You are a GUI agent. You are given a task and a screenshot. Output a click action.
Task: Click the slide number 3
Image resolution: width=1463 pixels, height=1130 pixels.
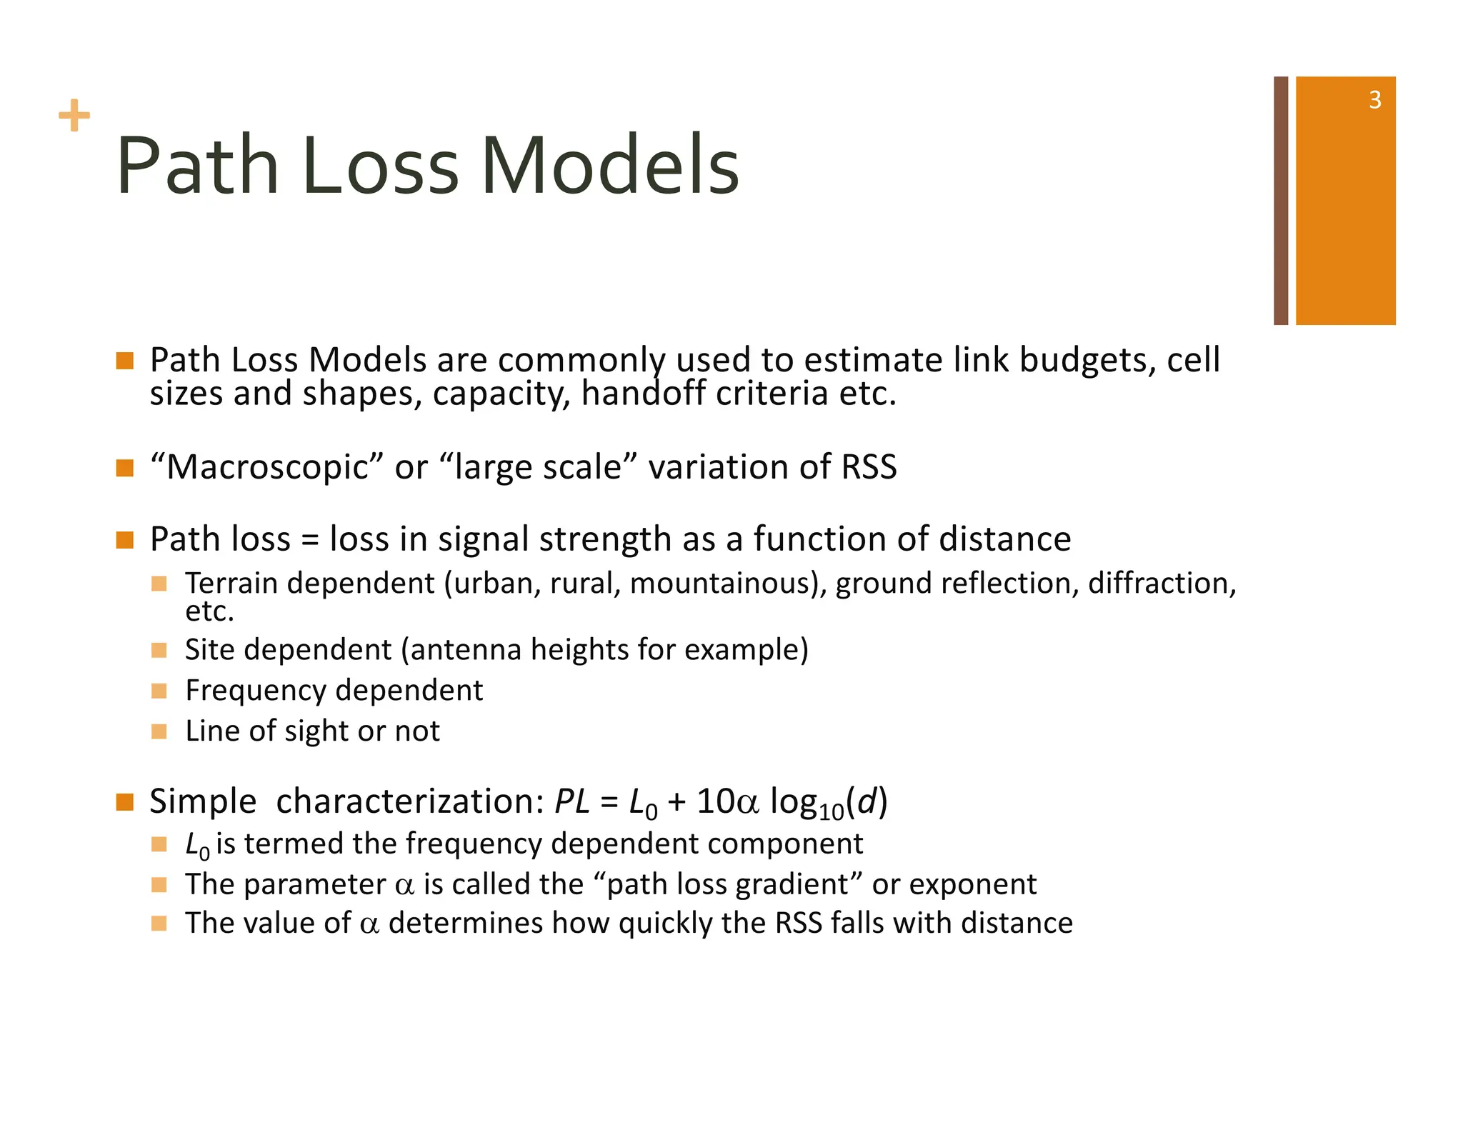pyautogui.click(x=1374, y=100)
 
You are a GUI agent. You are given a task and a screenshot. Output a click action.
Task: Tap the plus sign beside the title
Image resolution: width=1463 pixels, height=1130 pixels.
pyautogui.click(x=74, y=116)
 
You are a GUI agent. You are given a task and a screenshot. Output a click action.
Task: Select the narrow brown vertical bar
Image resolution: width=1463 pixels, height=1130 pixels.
pyautogui.click(x=1281, y=201)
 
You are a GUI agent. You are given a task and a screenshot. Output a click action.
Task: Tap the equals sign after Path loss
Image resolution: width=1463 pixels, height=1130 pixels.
pyautogui.click(x=309, y=540)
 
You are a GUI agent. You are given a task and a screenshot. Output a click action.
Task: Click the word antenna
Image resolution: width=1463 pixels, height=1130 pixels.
pyautogui.click(x=465, y=650)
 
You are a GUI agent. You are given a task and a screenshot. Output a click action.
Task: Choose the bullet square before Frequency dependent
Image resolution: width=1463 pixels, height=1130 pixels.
pyautogui.click(x=159, y=691)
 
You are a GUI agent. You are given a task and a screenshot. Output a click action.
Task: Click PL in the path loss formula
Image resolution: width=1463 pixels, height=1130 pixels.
pyautogui.click(x=572, y=801)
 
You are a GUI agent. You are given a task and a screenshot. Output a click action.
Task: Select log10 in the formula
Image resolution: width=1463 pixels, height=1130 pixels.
pyautogui.click(x=807, y=804)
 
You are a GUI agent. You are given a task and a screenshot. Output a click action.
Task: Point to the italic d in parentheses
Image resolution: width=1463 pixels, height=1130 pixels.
pyautogui.click(x=866, y=801)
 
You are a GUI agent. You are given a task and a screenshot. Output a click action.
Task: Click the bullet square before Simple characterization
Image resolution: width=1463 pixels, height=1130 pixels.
pyautogui.click(x=125, y=802)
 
